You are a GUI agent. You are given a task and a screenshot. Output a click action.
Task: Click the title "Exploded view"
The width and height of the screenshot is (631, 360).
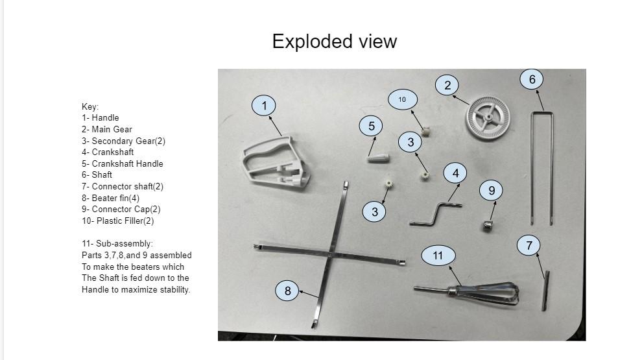pos(334,42)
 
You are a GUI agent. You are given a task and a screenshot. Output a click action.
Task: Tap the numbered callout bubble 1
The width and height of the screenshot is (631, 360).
pos(264,106)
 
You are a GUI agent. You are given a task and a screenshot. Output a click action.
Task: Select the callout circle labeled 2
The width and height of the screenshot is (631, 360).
pos(447,85)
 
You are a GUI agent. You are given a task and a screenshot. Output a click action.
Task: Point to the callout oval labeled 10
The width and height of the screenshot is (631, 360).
pos(402,99)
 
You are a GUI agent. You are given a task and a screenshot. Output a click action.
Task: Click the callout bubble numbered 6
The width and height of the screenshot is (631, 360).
pos(532,79)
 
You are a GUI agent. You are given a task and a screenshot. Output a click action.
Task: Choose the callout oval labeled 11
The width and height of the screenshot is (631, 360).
pos(438,256)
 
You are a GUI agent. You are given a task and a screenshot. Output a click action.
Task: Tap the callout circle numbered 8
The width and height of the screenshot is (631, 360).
pos(288,291)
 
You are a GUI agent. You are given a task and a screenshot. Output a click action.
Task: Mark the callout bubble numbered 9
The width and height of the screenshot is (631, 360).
pos(492,190)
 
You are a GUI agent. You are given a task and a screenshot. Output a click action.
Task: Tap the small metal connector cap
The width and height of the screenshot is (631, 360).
pos(488,225)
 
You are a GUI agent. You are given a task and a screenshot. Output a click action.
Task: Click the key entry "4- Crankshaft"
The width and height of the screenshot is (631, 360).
pos(108,152)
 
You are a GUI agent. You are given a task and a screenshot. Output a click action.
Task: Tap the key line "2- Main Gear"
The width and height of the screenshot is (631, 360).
pos(107,129)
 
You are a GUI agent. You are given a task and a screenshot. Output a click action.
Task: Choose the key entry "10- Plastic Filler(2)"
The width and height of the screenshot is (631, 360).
pos(118,221)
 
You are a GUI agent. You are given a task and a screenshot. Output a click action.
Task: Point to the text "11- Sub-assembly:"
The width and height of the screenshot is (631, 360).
pos(117,244)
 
